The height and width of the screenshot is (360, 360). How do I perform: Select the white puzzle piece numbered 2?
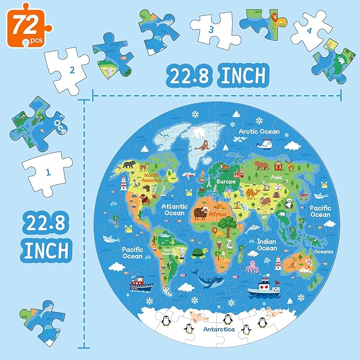(x=68, y=69)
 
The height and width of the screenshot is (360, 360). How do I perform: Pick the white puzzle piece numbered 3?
(x=212, y=30)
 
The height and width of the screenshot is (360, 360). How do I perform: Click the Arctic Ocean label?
(x=258, y=131)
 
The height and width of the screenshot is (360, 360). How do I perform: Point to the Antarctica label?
(x=218, y=329)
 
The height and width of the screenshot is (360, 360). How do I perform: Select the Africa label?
(x=218, y=214)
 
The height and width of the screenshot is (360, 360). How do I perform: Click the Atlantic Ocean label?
(x=173, y=209)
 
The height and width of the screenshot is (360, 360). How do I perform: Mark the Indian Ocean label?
(x=267, y=244)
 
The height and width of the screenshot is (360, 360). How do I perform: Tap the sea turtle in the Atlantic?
(x=198, y=253)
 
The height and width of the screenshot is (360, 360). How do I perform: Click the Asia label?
(x=276, y=178)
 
